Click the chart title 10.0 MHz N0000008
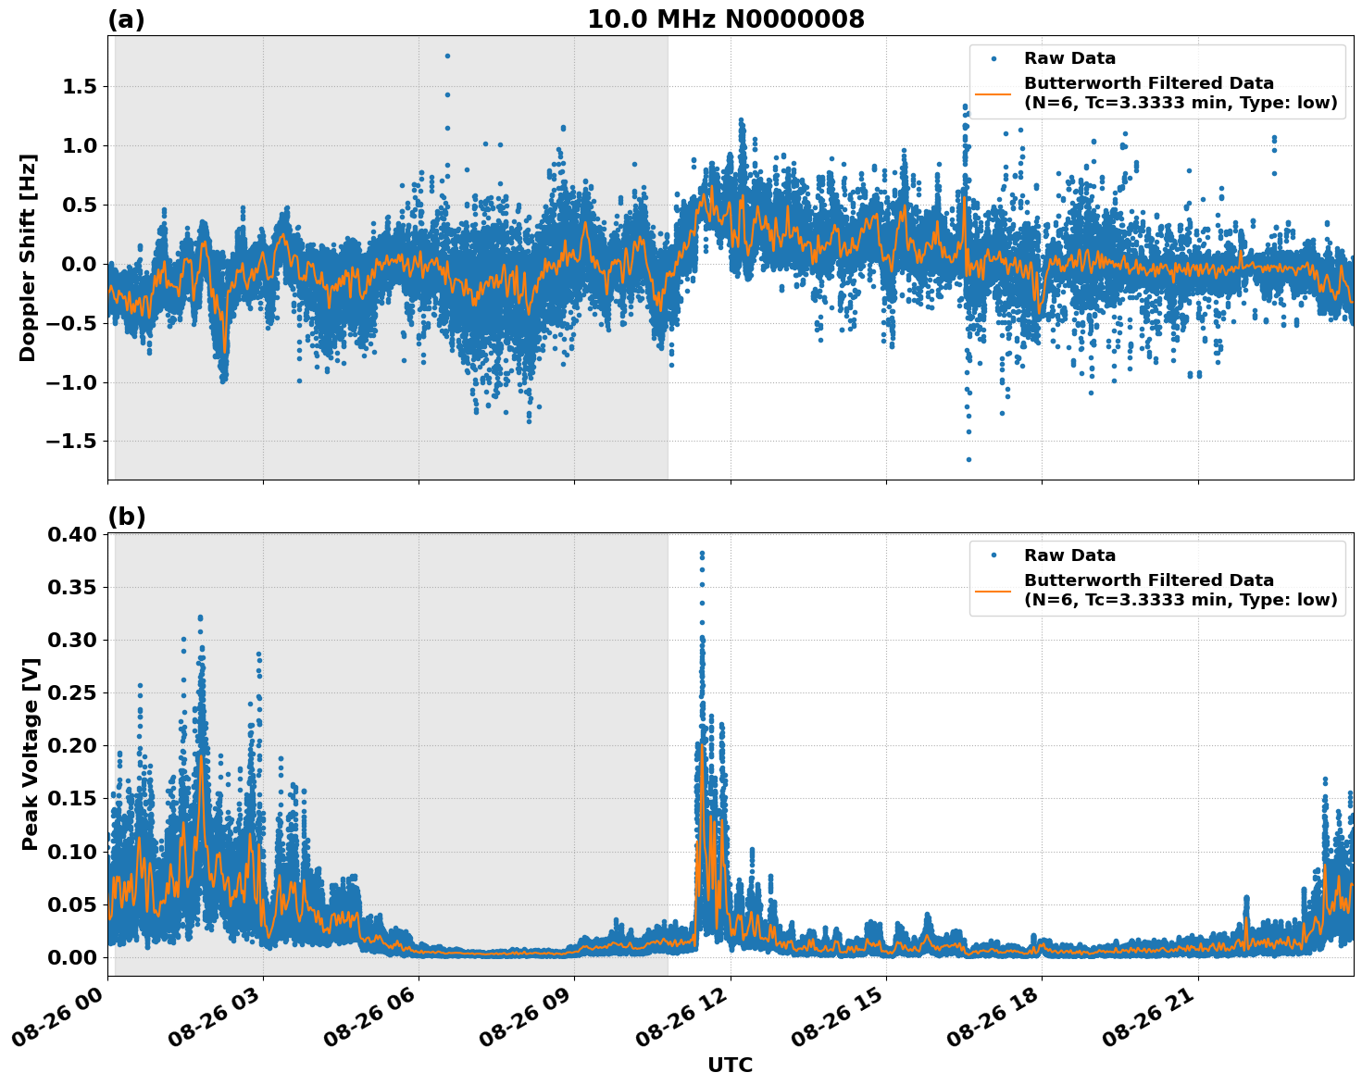[x=725, y=19]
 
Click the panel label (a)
[x=126, y=19]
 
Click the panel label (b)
[x=126, y=517]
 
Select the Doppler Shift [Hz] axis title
[x=28, y=257]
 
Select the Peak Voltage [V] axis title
[x=30, y=755]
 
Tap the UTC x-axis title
[x=730, y=1065]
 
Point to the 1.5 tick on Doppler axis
[x=81, y=87]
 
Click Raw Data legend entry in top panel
[x=1069, y=58]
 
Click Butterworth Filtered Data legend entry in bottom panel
[x=1180, y=590]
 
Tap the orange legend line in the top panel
[x=993, y=93]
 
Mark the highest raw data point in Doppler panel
[x=447, y=56]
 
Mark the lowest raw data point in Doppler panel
[x=968, y=459]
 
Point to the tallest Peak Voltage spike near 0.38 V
[x=702, y=554]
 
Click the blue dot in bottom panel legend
[x=993, y=555]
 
